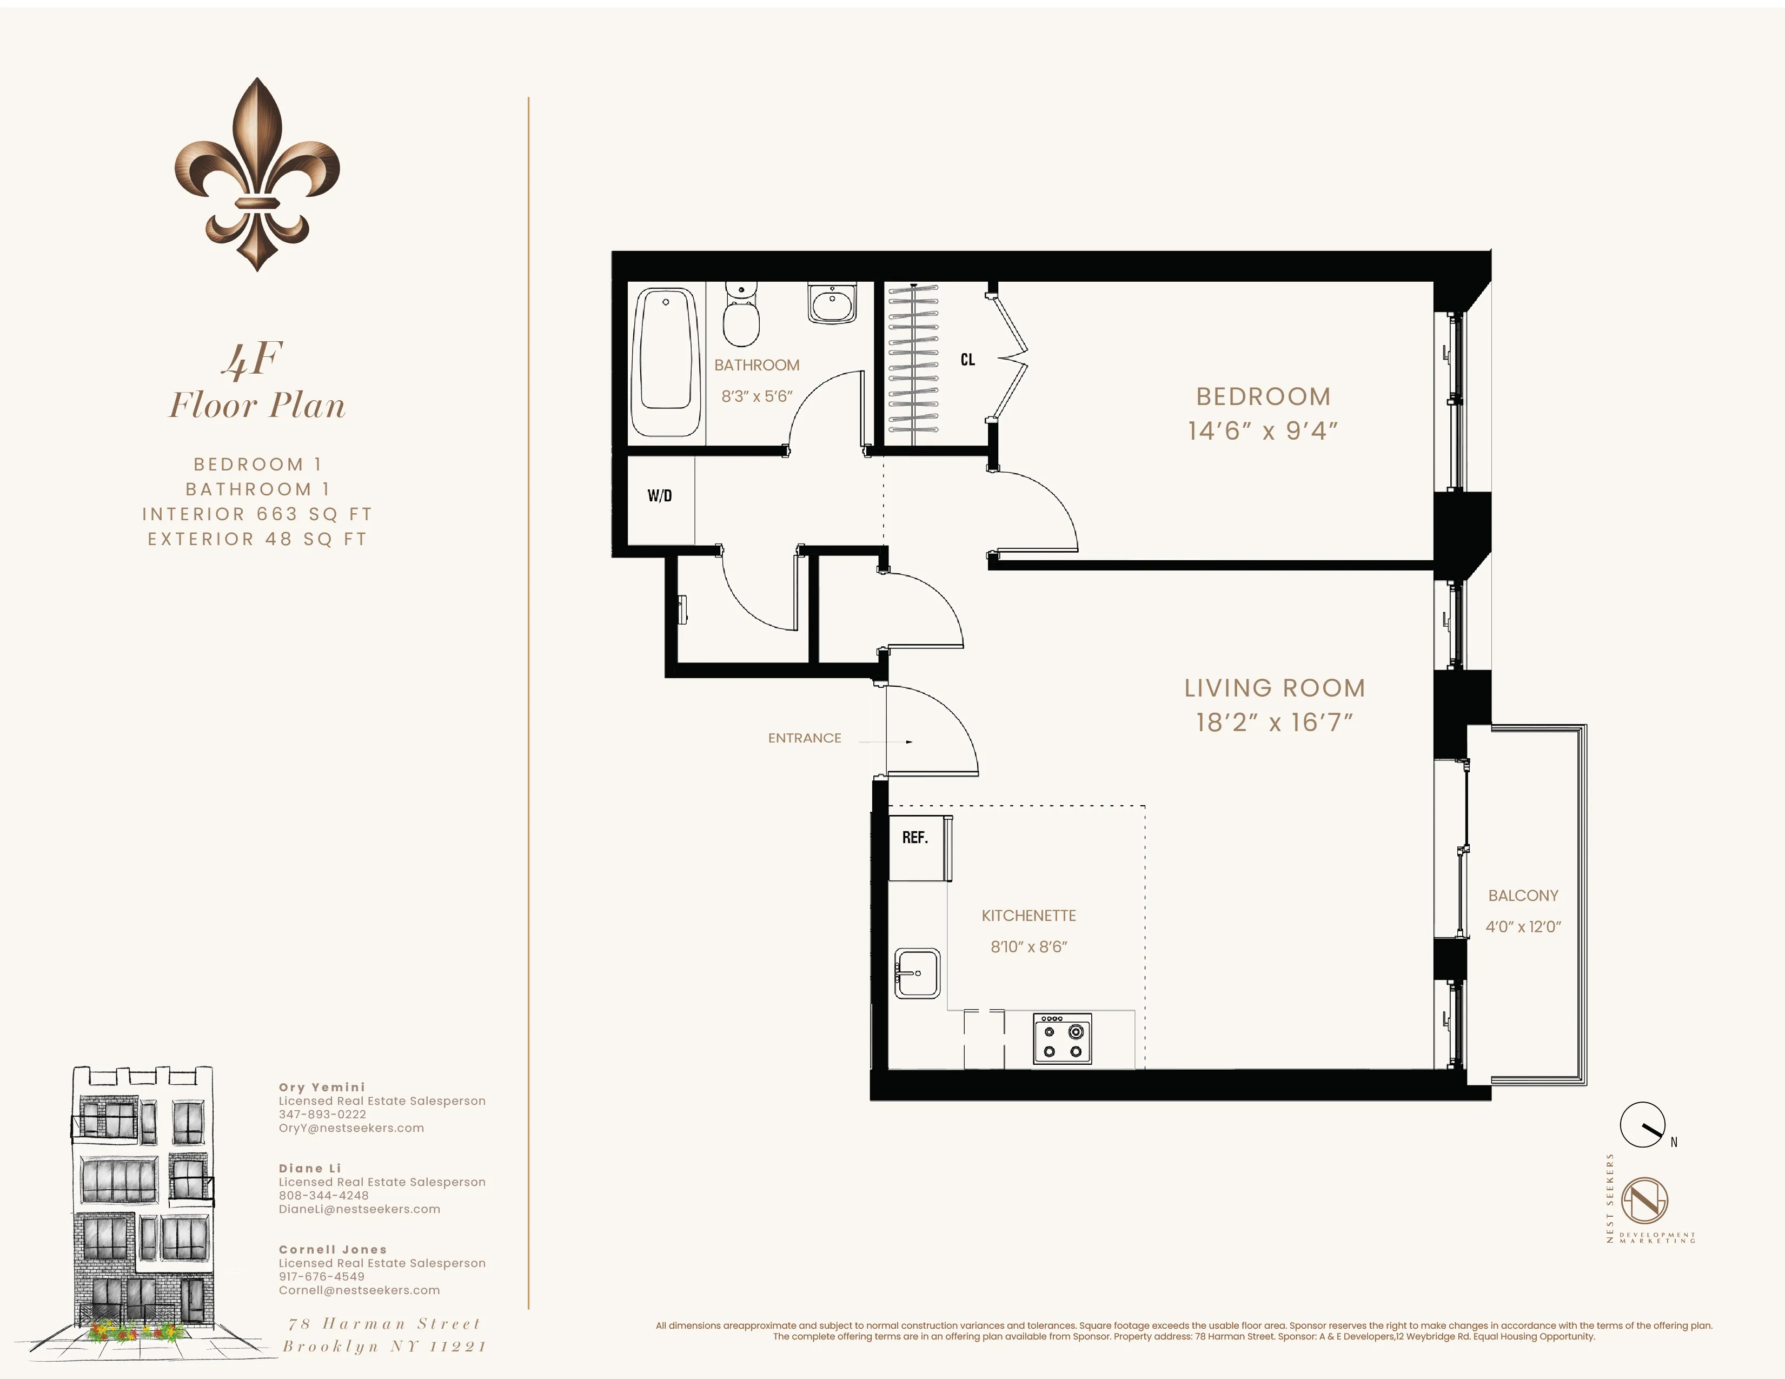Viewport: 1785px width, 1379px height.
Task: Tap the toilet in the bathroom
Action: (740, 319)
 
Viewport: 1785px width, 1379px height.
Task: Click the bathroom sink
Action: (832, 304)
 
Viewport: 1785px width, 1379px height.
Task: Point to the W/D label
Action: (660, 495)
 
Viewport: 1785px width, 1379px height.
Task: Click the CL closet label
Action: (968, 360)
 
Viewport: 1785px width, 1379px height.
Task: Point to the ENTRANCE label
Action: (804, 738)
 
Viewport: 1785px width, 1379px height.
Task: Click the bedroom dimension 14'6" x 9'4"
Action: (1263, 431)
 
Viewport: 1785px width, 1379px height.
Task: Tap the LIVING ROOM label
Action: (1274, 688)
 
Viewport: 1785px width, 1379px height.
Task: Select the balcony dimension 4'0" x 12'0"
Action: (1523, 927)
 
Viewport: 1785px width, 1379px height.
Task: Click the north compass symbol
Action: (1643, 1125)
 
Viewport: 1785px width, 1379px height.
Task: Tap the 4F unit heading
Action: (254, 359)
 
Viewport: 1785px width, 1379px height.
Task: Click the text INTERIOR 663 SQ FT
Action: (257, 514)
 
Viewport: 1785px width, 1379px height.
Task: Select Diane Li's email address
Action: (359, 1209)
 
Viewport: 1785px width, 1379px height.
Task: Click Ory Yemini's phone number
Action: (322, 1114)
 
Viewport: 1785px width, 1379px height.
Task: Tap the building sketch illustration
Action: (144, 1202)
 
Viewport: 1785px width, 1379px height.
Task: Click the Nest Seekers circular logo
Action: (1644, 1201)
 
